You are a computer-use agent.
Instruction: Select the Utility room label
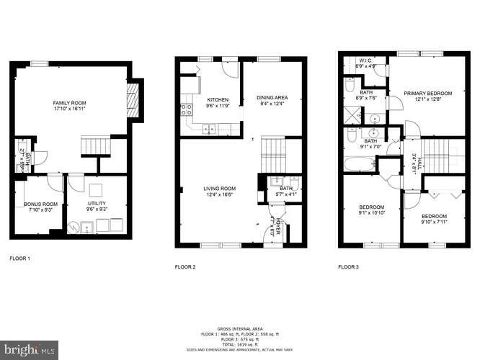97,204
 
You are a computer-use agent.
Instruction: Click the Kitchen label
218,100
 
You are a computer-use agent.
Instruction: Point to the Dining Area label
272,97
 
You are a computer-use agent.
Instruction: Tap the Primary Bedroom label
427,94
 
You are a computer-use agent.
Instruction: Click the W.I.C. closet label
365,63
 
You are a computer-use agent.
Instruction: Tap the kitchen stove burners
186,109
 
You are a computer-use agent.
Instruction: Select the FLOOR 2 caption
185,267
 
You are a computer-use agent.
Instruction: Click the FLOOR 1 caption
19,257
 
